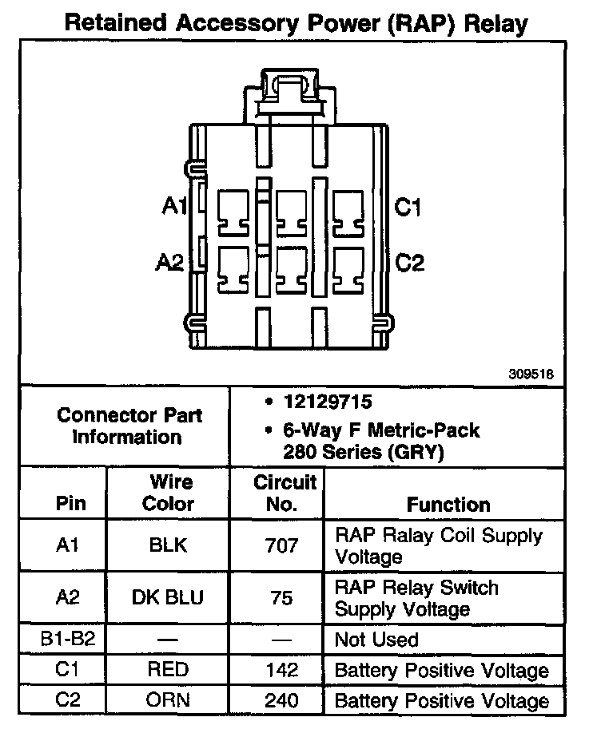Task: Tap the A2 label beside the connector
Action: (x=172, y=262)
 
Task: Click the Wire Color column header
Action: (x=168, y=493)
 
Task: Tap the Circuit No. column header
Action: (x=285, y=493)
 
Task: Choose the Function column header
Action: (x=448, y=505)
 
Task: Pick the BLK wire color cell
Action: (x=168, y=545)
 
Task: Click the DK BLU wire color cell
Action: (x=168, y=598)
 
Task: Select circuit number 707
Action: (x=282, y=545)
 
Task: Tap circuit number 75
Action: (x=282, y=598)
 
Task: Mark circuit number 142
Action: (x=282, y=670)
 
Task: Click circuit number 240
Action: (x=282, y=700)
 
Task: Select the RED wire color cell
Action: (x=168, y=670)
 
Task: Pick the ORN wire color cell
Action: (x=168, y=700)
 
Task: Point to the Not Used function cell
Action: (x=376, y=640)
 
